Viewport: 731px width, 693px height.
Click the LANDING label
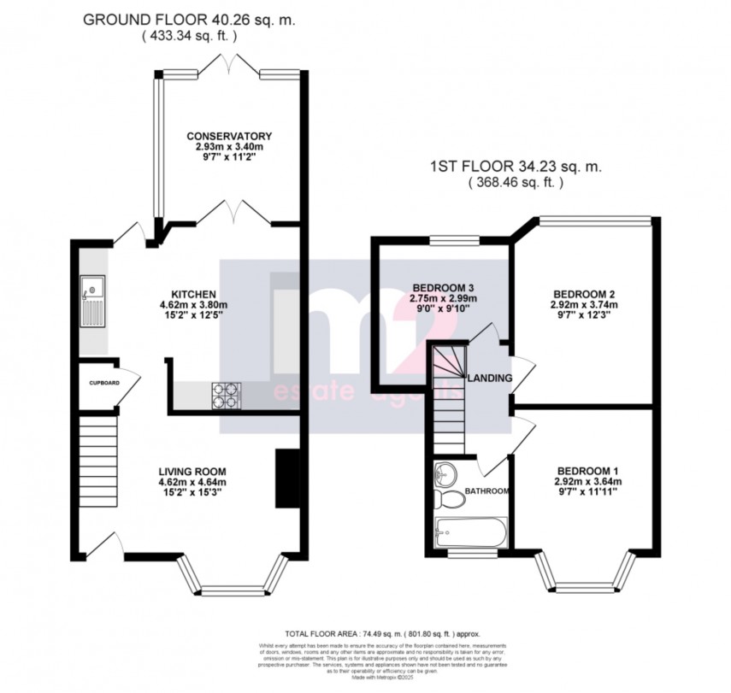click(x=490, y=378)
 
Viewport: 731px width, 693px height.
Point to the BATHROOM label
click(x=487, y=491)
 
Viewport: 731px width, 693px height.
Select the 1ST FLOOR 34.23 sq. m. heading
click(x=516, y=167)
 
